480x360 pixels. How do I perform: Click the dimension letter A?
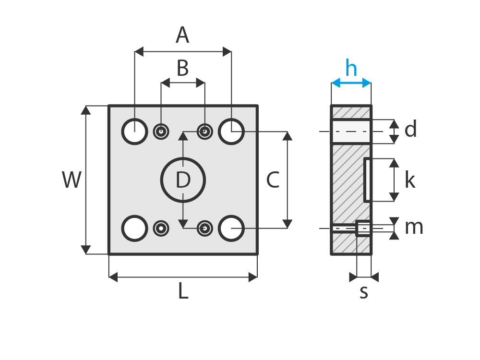pos(182,36)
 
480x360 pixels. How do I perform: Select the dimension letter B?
pos(182,69)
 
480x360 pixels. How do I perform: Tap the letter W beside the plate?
pos(72,180)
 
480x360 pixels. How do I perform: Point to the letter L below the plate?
pos(183,291)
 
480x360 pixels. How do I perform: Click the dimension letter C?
pos(273,180)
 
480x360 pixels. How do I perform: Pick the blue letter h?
pos(351,69)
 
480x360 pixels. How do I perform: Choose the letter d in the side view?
pos(410,130)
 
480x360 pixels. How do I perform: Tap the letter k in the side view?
pos(409,180)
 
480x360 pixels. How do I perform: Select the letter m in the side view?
pos(414,228)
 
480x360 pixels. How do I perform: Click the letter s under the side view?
pos(364,292)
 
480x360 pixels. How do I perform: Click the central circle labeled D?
pos(183,180)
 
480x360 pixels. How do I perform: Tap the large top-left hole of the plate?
pos(134,131)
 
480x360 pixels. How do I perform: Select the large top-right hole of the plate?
pos(231,131)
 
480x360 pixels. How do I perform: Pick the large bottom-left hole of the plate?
pos(134,228)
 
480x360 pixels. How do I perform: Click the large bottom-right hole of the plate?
pos(231,228)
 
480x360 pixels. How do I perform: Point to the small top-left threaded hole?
pos(161,131)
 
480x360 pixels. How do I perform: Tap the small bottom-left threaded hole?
pos(161,228)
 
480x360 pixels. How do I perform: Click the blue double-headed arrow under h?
pos(351,83)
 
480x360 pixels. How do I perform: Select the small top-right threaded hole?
pos(205,131)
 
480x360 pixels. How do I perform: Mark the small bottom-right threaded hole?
pos(205,228)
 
